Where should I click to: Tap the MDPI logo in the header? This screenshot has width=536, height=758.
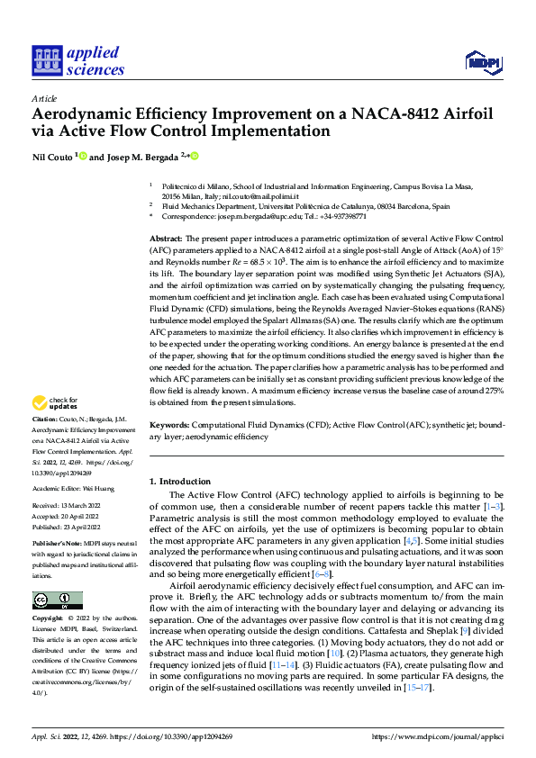tap(482, 61)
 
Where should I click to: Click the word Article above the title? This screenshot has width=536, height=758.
tap(43, 98)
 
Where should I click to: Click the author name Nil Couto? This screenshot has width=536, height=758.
tap(53, 158)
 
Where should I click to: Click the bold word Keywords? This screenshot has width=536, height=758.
tap(168, 423)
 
